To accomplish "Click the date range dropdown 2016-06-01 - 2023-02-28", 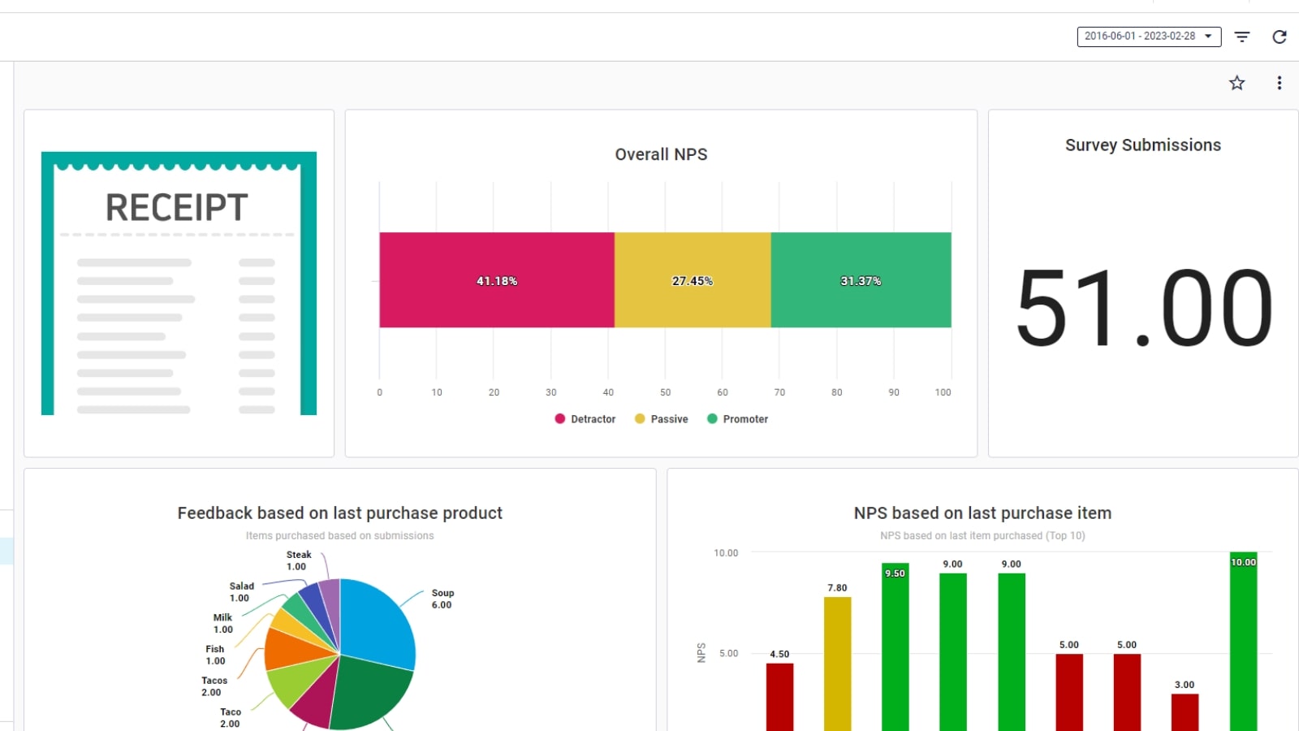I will click(x=1148, y=37).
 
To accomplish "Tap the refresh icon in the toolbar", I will click(x=1280, y=37).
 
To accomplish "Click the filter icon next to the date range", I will click(x=1242, y=37).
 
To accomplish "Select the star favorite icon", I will click(x=1236, y=83).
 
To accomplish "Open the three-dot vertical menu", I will click(x=1279, y=83).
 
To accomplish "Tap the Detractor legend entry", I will click(x=585, y=419).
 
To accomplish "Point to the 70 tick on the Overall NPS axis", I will click(x=779, y=392).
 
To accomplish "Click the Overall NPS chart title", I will click(x=661, y=154).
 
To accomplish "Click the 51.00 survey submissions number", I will click(x=1143, y=309).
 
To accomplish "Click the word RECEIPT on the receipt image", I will click(x=176, y=208).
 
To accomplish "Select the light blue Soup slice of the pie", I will click(x=378, y=621).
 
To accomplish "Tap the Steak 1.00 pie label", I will click(x=298, y=560).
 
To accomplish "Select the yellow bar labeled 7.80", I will click(x=837, y=666).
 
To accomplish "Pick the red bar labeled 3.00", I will click(x=1185, y=712).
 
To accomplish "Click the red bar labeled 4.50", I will click(x=779, y=699).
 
